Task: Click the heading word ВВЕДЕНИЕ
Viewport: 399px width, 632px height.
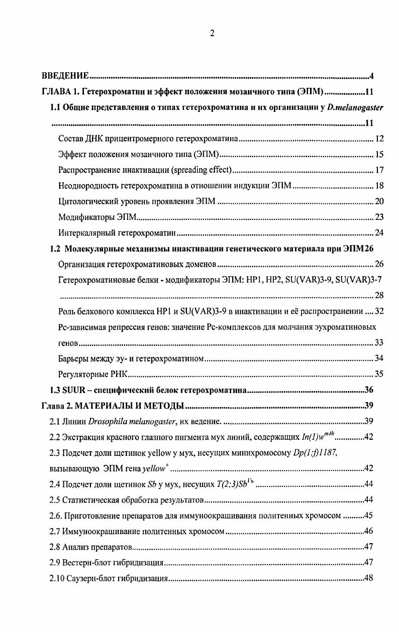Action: point(65,76)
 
